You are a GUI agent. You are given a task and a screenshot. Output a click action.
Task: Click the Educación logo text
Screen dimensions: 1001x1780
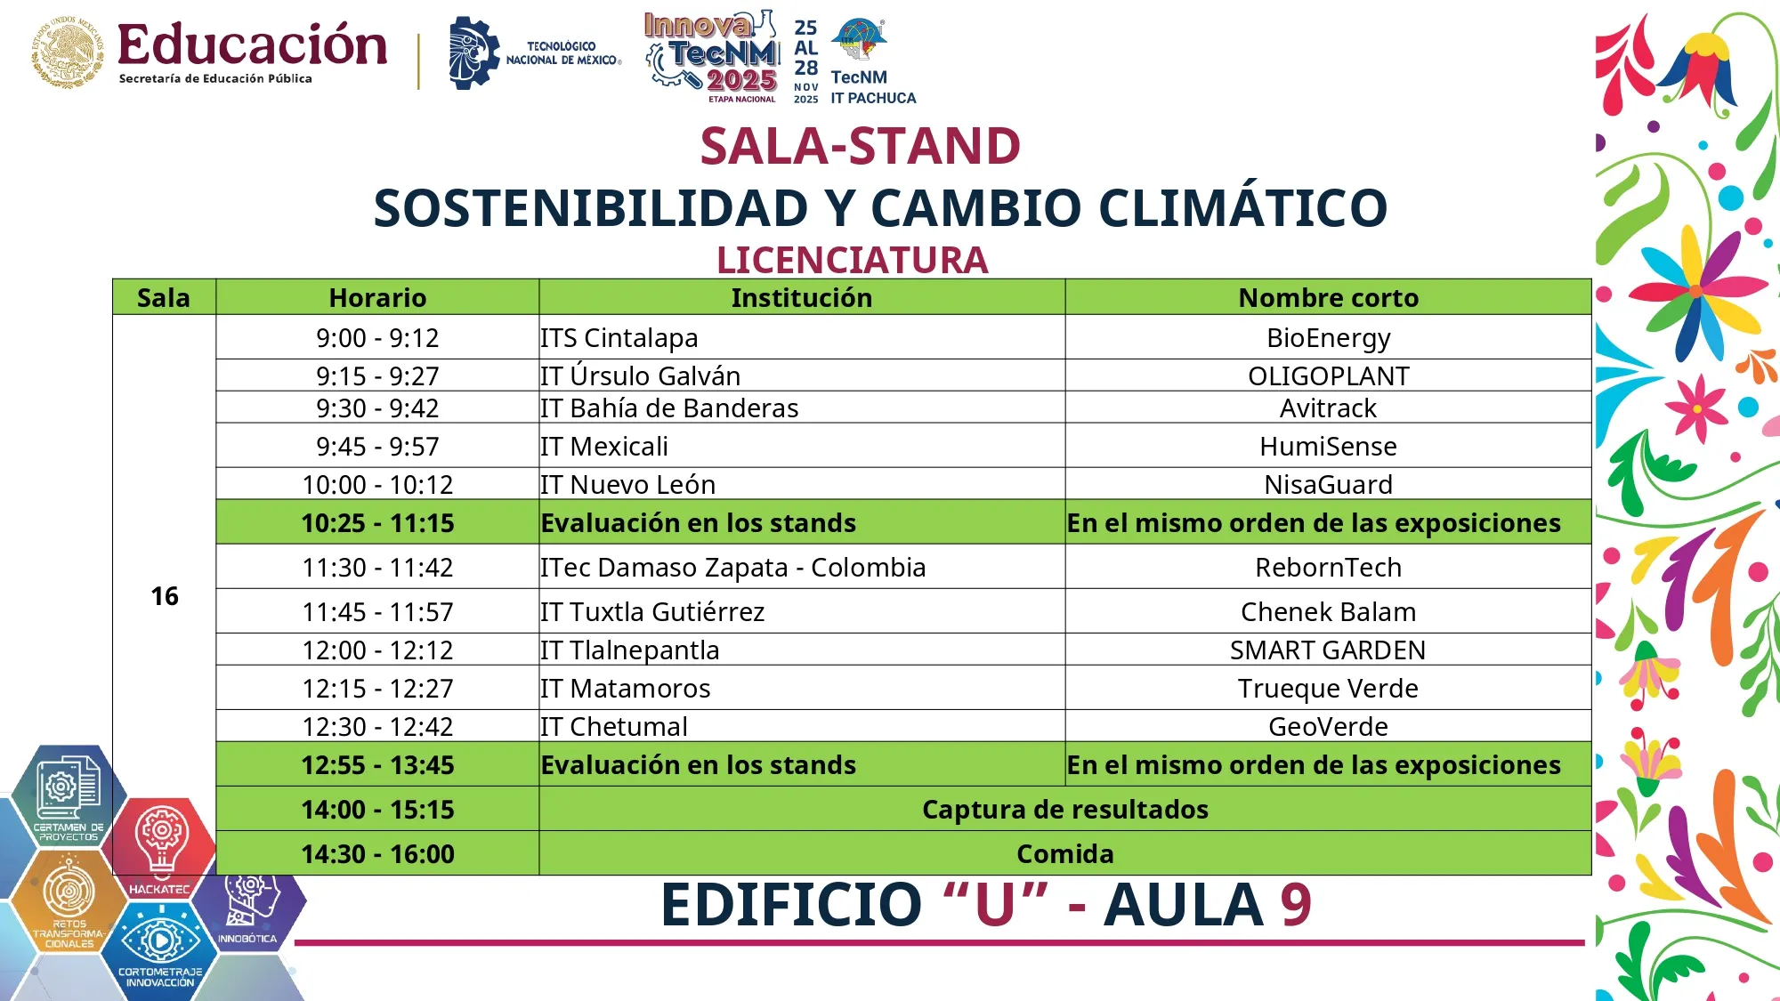[252, 46]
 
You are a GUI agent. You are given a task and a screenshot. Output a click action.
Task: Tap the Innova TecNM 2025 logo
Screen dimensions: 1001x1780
[712, 55]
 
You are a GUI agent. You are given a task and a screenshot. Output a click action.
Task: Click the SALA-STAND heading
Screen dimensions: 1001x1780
[860, 146]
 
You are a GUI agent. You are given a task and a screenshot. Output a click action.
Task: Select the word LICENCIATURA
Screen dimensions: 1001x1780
[853, 261]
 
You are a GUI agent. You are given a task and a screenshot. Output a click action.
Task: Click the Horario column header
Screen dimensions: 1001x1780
[377, 298]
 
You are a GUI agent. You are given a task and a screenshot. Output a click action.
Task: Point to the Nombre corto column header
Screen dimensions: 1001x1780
[1328, 298]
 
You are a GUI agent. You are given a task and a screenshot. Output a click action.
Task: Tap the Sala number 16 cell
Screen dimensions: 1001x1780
[165, 596]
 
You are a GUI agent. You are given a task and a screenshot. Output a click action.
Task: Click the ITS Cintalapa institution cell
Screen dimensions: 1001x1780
[619, 338]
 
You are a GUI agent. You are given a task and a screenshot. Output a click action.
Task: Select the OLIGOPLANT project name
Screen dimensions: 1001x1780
[1328, 376]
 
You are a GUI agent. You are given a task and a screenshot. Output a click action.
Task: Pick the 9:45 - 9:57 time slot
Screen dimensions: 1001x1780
[377, 447]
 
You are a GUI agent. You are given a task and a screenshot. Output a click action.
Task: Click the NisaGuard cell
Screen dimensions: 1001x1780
[1328, 485]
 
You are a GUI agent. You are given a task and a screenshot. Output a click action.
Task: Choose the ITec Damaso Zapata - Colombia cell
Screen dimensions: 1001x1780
[733, 568]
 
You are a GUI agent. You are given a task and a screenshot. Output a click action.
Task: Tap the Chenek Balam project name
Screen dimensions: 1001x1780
[1328, 612]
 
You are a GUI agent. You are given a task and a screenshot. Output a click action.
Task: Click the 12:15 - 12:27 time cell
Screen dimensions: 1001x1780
[377, 689]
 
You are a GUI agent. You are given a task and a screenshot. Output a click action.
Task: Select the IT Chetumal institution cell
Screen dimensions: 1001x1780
[614, 727]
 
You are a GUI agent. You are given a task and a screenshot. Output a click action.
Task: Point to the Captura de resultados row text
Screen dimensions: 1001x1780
[1064, 810]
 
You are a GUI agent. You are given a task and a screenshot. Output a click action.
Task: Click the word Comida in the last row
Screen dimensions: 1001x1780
[1064, 854]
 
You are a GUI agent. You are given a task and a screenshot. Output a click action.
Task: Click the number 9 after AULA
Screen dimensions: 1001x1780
[1296, 905]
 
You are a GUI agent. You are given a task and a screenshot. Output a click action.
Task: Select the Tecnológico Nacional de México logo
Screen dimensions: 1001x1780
[534, 53]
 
